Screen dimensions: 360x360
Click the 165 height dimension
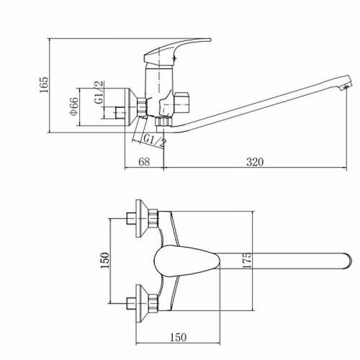(x=44, y=85)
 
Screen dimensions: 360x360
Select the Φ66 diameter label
(x=74, y=106)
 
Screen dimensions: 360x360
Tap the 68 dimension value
(x=144, y=162)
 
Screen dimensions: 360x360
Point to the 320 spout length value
(x=255, y=162)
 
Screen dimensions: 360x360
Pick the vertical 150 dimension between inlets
(x=105, y=261)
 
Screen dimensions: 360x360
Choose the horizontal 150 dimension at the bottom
(x=179, y=337)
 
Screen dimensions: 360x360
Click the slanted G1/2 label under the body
(x=155, y=141)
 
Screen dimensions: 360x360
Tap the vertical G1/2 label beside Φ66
(x=99, y=92)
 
